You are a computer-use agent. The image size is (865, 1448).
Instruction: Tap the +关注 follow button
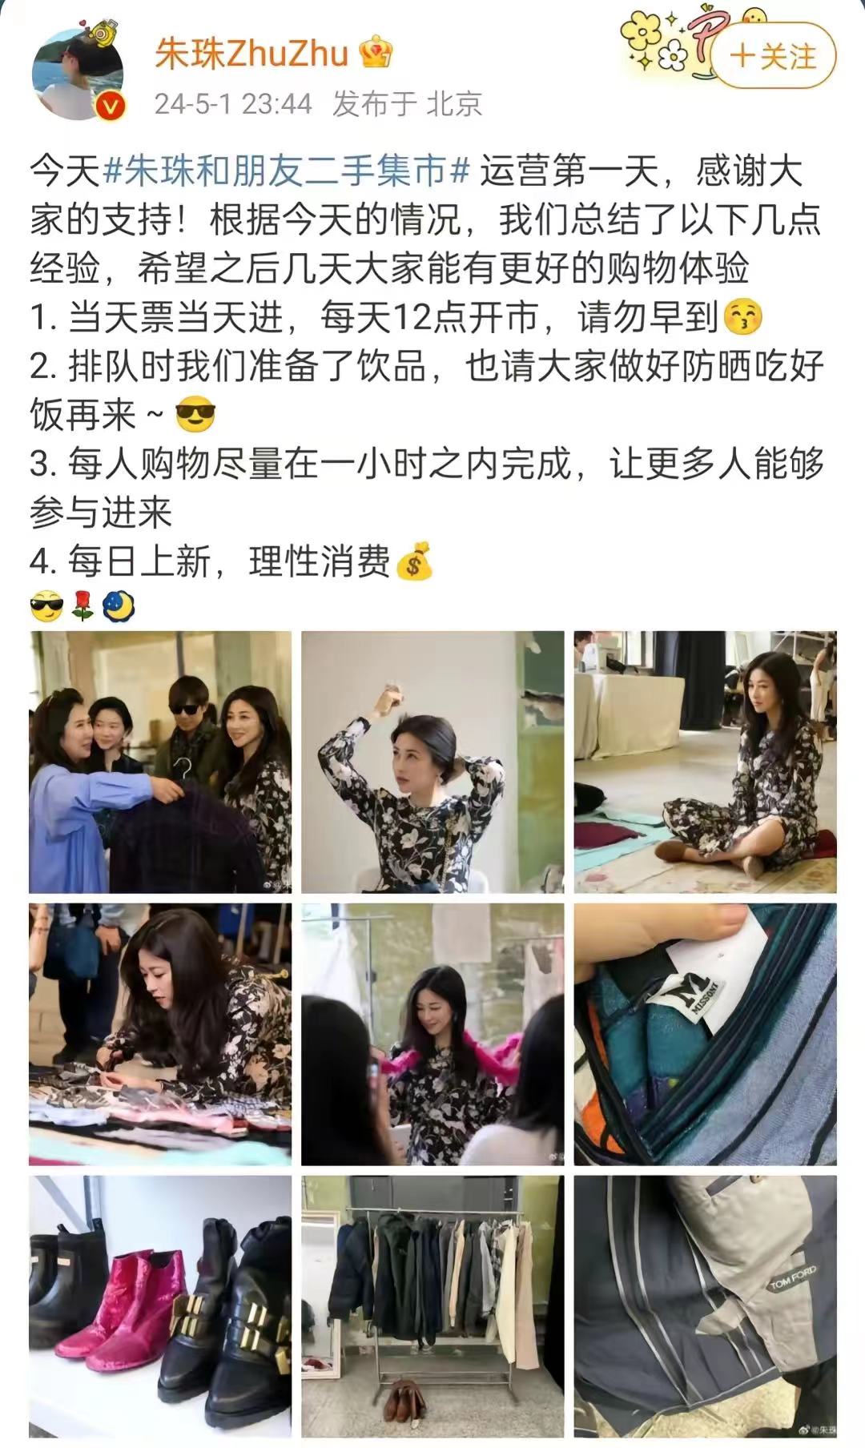pyautogui.click(x=774, y=57)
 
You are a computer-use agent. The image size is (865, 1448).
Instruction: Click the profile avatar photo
pyautogui.click(x=77, y=74)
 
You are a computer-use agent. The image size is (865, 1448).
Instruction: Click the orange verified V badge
pyautogui.click(x=111, y=106)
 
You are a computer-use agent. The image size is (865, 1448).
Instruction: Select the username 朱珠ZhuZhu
pyautogui.click(x=251, y=54)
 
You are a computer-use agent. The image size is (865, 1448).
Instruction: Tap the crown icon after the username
pyautogui.click(x=376, y=54)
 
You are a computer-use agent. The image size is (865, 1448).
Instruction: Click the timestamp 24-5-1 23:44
pyautogui.click(x=233, y=103)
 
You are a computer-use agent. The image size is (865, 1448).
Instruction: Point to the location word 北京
pyautogui.click(x=454, y=103)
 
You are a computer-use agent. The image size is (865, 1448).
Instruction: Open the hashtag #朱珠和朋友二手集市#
pyautogui.click(x=286, y=171)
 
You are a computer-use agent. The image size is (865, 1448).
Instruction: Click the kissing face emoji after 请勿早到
pyautogui.click(x=743, y=318)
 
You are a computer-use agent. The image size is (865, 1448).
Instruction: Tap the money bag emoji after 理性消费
pyautogui.click(x=414, y=561)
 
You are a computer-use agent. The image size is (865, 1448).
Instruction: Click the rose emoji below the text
pyautogui.click(x=82, y=607)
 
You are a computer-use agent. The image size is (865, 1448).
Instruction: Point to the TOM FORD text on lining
pyautogui.click(x=792, y=1277)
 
